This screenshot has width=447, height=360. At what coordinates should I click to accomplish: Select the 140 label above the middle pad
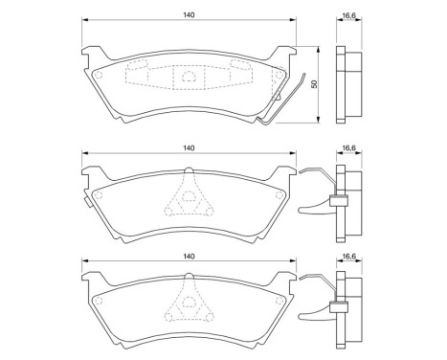tap(189, 147)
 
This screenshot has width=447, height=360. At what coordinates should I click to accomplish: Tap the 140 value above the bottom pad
tap(189, 257)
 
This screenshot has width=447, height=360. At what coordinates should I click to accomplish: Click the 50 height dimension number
tap(313, 84)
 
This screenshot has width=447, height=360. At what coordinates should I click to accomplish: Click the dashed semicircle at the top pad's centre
tap(189, 76)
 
